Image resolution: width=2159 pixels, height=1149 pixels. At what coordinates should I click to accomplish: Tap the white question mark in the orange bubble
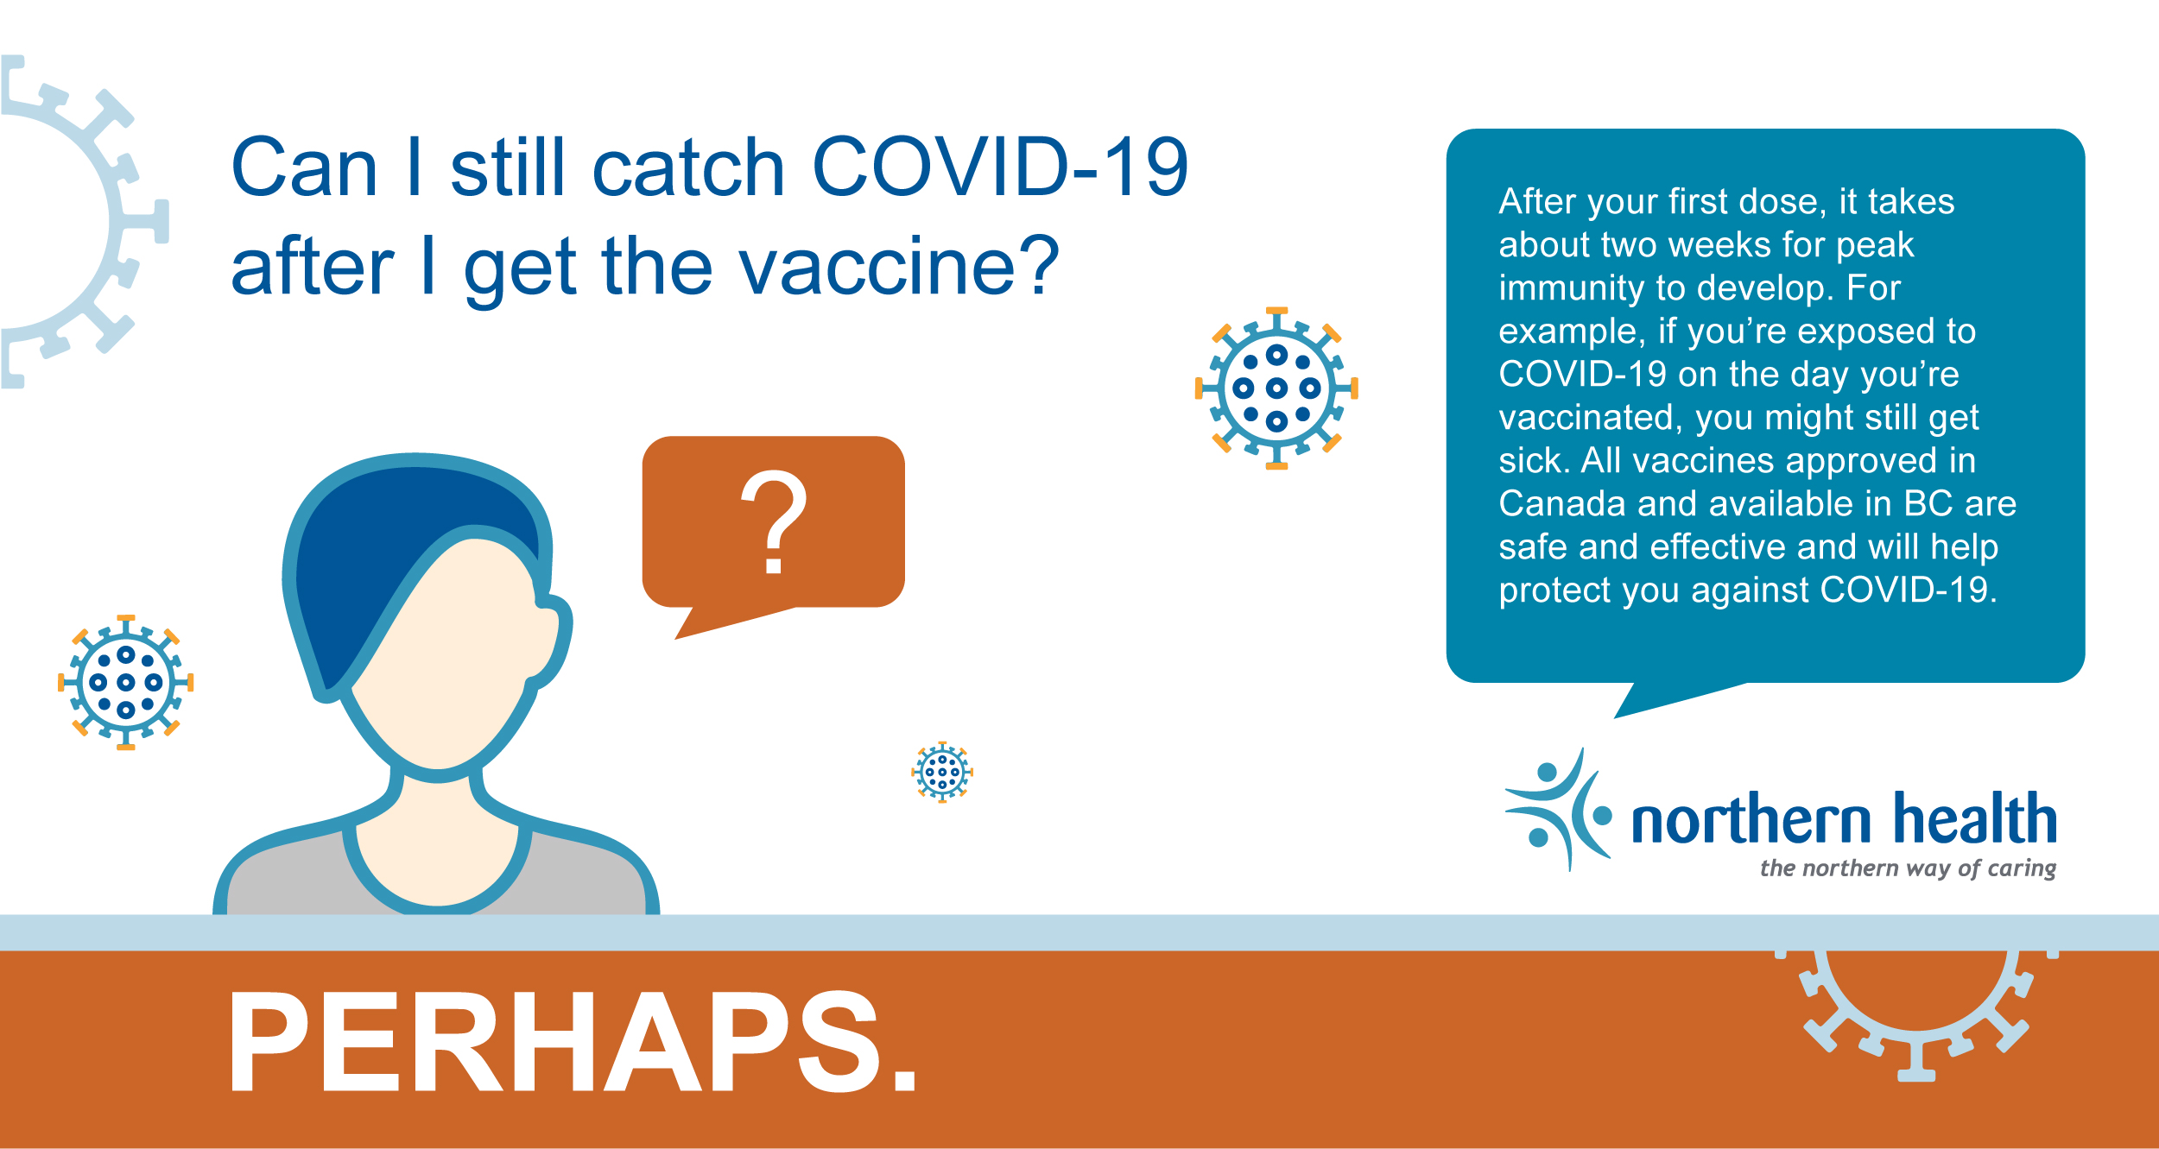[774, 521]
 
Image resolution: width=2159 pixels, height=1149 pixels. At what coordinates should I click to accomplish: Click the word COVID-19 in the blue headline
[1000, 167]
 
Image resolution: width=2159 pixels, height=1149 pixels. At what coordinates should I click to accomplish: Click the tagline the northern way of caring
[1908, 868]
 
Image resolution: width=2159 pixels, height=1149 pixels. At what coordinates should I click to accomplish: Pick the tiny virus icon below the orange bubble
[942, 772]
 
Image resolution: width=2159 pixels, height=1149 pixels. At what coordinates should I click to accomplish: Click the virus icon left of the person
[126, 682]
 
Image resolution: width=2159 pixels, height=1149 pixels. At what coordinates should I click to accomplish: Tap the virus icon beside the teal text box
[1276, 388]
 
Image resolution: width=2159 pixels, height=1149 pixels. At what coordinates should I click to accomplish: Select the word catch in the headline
[688, 167]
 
